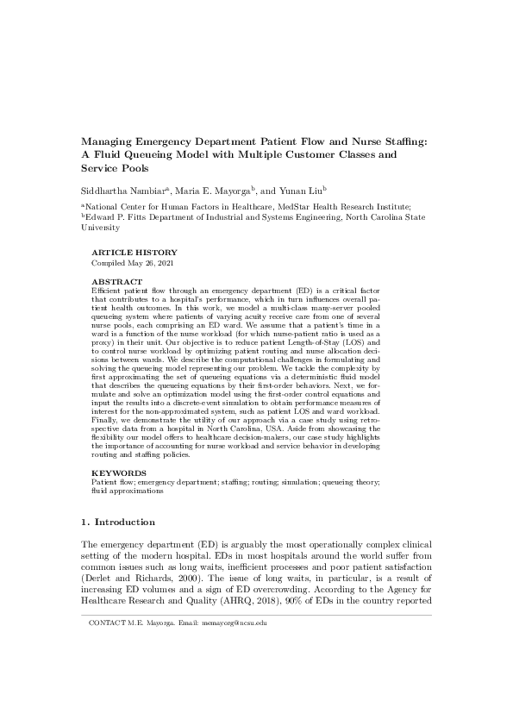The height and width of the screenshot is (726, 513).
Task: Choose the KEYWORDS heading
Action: pos(114,473)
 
